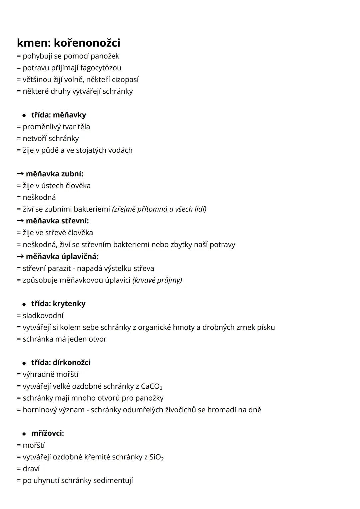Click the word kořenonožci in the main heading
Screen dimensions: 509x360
87,43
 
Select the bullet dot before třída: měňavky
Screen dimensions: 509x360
24,115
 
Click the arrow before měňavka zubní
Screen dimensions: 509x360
20,174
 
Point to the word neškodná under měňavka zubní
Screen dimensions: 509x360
39,197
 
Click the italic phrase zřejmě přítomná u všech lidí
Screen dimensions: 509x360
159,209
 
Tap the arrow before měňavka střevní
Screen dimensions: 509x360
20,221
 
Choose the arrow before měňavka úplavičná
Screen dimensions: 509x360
20,256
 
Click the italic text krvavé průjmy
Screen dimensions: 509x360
157,280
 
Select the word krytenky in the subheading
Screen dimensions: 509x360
69,304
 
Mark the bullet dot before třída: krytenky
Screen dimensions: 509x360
24,304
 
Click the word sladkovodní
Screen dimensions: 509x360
43,315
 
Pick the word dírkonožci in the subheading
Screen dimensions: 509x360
71,362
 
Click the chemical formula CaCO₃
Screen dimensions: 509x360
152,386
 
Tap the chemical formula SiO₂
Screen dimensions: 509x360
157,457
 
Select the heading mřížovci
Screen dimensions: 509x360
47,433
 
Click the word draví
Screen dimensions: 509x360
31,469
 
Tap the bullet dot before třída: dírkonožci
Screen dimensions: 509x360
24,363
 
